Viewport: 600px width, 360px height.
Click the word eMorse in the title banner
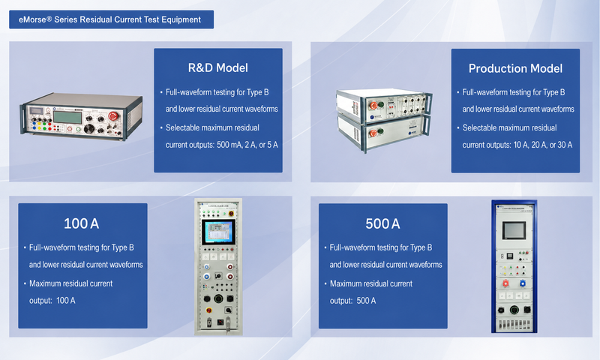[32, 19]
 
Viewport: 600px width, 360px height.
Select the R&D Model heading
[218, 67]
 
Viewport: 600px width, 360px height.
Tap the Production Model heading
[515, 68]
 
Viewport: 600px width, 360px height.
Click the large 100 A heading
[82, 223]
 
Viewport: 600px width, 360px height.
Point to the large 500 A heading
[382, 223]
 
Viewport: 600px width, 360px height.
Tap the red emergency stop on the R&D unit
[113, 116]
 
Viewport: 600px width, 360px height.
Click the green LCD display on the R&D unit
[67, 117]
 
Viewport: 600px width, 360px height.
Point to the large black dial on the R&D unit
[89, 129]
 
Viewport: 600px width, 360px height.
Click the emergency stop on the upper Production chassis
[373, 105]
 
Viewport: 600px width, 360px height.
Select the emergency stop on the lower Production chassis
[373, 133]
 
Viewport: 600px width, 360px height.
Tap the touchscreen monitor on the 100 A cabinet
[218, 232]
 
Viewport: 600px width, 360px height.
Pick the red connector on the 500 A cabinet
[505, 283]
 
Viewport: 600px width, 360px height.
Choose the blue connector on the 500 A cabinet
[523, 283]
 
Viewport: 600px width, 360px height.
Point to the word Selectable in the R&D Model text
[182, 127]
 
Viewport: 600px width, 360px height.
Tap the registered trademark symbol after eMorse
[49, 18]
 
